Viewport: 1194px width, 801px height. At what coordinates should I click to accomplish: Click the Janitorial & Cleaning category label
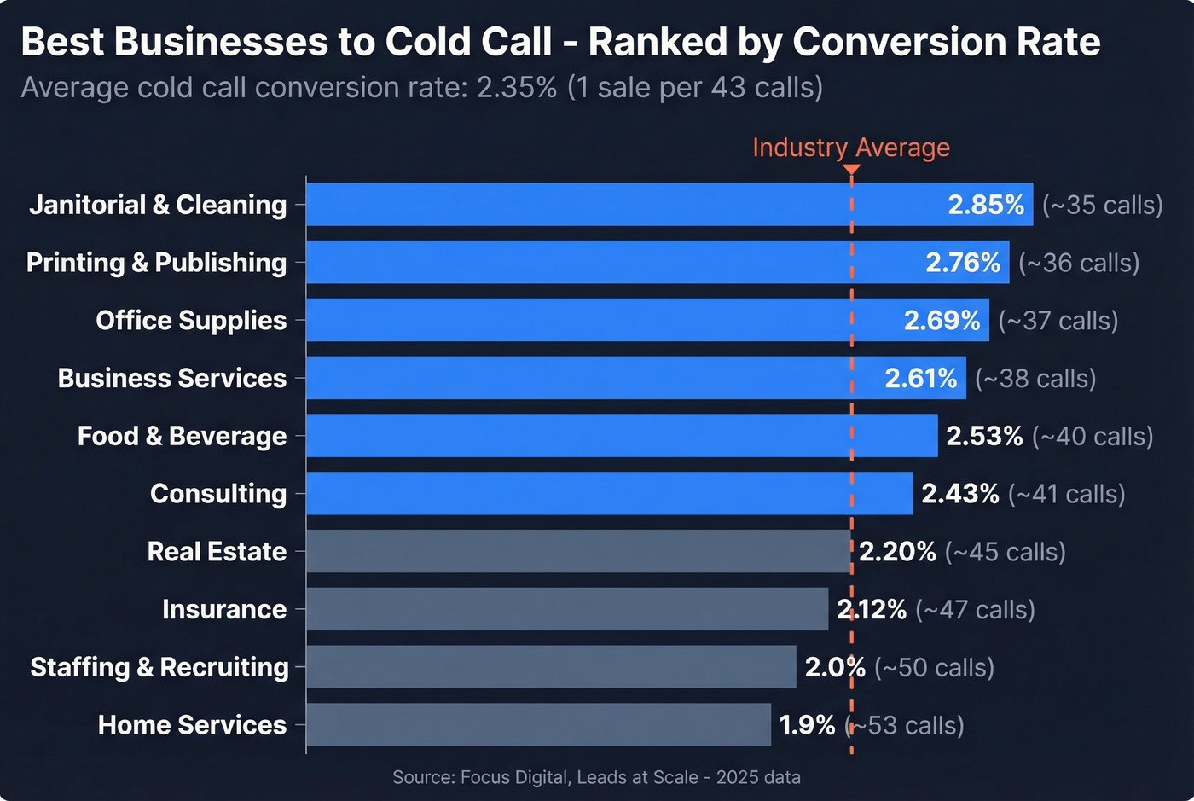point(158,205)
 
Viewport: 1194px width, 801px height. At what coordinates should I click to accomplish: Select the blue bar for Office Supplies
point(597,320)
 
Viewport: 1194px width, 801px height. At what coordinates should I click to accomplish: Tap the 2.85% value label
point(986,205)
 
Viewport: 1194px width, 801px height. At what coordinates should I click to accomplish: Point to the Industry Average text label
point(850,148)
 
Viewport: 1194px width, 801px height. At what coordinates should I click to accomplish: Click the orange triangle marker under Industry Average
point(851,170)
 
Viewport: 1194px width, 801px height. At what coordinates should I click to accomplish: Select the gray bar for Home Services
point(537,724)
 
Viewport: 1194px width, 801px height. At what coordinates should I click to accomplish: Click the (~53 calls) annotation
point(905,725)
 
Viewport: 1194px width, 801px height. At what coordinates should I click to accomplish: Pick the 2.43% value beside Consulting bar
point(959,494)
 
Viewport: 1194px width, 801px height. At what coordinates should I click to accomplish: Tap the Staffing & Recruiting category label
point(159,667)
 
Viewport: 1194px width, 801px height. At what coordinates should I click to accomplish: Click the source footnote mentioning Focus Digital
point(596,777)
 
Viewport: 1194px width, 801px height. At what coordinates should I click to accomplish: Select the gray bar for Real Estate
point(578,551)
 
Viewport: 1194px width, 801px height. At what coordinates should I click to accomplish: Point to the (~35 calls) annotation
point(1102,206)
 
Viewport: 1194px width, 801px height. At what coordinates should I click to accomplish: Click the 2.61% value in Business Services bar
point(920,378)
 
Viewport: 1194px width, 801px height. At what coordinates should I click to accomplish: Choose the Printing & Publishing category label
point(156,263)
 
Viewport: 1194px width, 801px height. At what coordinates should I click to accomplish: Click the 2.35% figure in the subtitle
point(516,88)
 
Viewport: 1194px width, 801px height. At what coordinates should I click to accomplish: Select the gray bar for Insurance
point(567,609)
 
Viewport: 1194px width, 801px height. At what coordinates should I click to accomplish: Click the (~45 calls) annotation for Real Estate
point(1006,552)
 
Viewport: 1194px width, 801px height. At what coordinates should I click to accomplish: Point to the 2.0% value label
point(834,667)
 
